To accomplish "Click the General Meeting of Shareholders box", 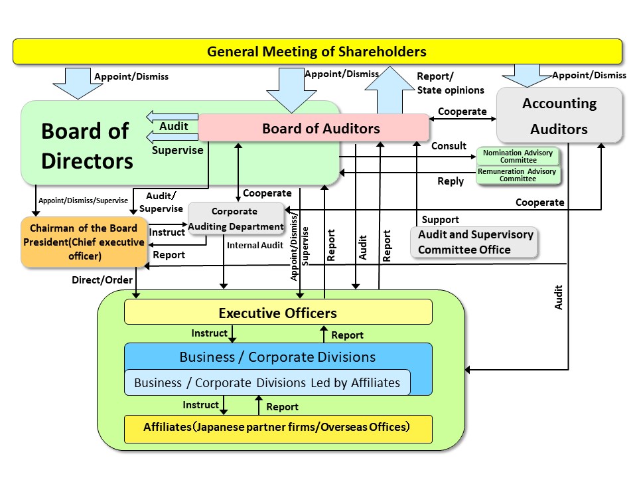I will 317,51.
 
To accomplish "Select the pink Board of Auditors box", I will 314,127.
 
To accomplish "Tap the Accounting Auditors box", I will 559,116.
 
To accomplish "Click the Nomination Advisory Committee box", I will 518,156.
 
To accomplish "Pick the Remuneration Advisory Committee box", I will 518,175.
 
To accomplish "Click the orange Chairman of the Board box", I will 83,242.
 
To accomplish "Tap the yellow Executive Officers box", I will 278,312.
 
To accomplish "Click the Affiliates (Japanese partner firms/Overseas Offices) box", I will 278,428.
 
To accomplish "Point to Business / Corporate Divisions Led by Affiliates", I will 267,382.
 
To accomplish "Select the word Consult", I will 449,145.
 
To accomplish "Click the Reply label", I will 450,181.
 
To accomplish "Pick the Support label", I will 440,219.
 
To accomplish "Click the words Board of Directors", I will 86,146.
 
